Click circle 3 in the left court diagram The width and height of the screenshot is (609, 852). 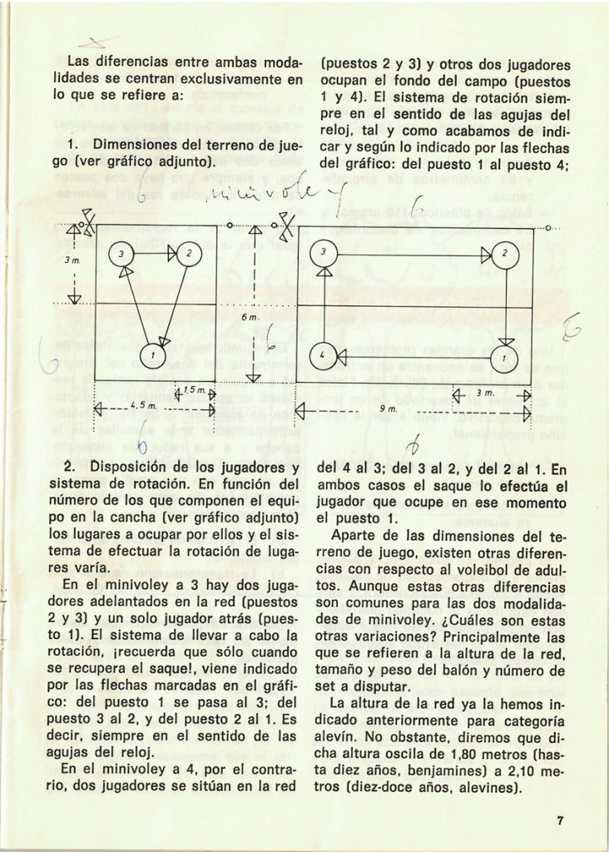tap(121, 253)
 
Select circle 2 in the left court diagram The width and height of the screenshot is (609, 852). tap(189, 253)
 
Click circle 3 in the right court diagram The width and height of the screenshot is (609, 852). tap(324, 252)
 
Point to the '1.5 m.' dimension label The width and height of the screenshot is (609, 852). tap(193, 390)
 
